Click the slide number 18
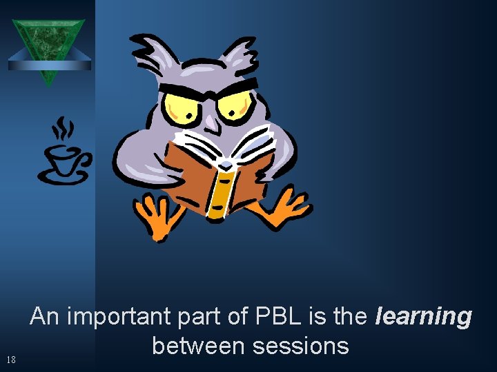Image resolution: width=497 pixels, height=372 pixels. pos(10,359)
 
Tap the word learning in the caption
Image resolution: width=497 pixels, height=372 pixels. pos(423,317)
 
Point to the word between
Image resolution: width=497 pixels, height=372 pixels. pos(199,345)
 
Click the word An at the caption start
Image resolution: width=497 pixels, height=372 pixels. pos(46,317)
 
